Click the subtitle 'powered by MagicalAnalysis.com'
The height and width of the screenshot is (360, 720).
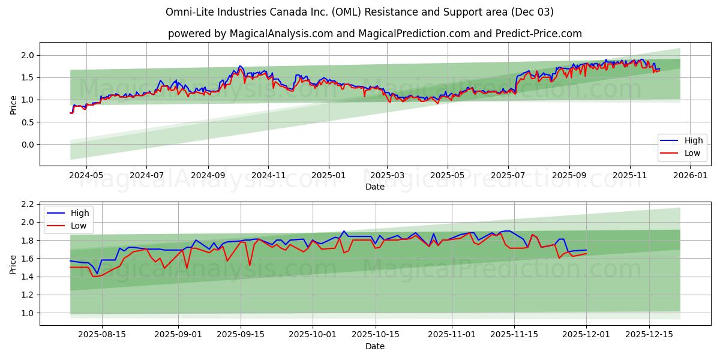[x=374, y=34]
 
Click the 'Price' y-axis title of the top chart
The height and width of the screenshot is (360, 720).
[x=13, y=104]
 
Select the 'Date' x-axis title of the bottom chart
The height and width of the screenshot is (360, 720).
[x=374, y=346]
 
